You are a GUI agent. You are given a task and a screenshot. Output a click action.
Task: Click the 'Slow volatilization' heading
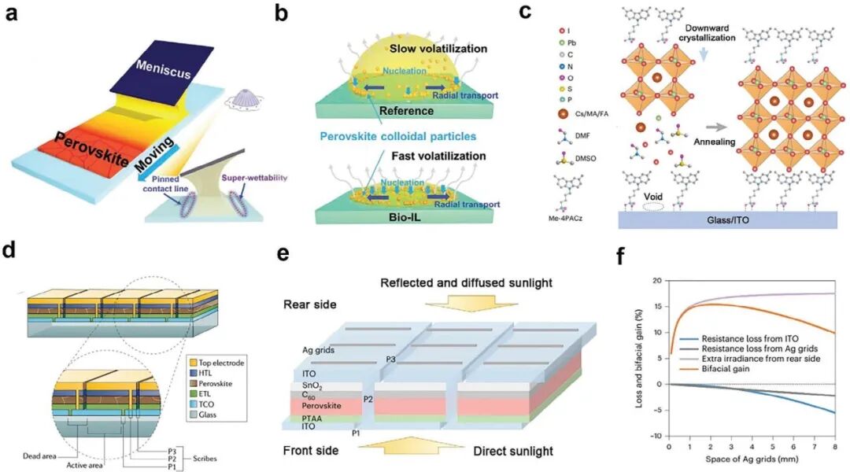pos(436,50)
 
